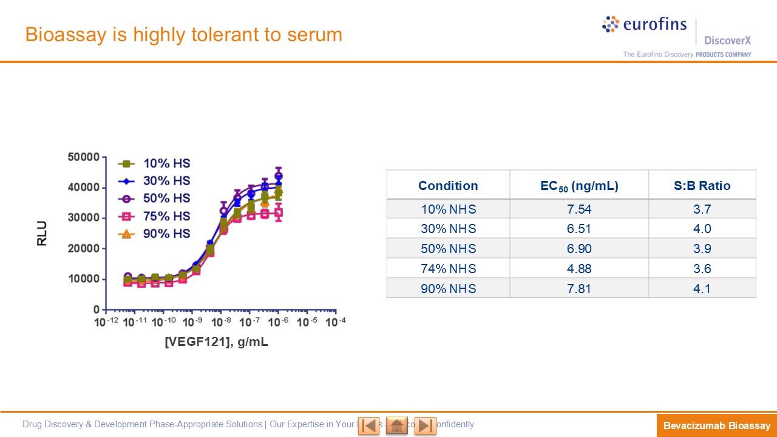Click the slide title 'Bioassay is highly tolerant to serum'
pos(183,35)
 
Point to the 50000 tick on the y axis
pos(83,157)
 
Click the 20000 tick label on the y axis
pos(83,249)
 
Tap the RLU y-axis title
pos(42,234)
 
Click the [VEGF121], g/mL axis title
pos(217,342)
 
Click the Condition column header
pos(448,186)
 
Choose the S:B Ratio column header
pos(702,186)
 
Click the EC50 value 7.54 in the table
pos(579,209)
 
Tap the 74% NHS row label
pos(448,269)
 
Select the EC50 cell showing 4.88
pos(579,269)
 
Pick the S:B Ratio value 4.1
pos(702,289)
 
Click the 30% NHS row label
pos(448,229)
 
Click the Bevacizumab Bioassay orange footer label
pos(716,425)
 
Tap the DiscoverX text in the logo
pos(727,41)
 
